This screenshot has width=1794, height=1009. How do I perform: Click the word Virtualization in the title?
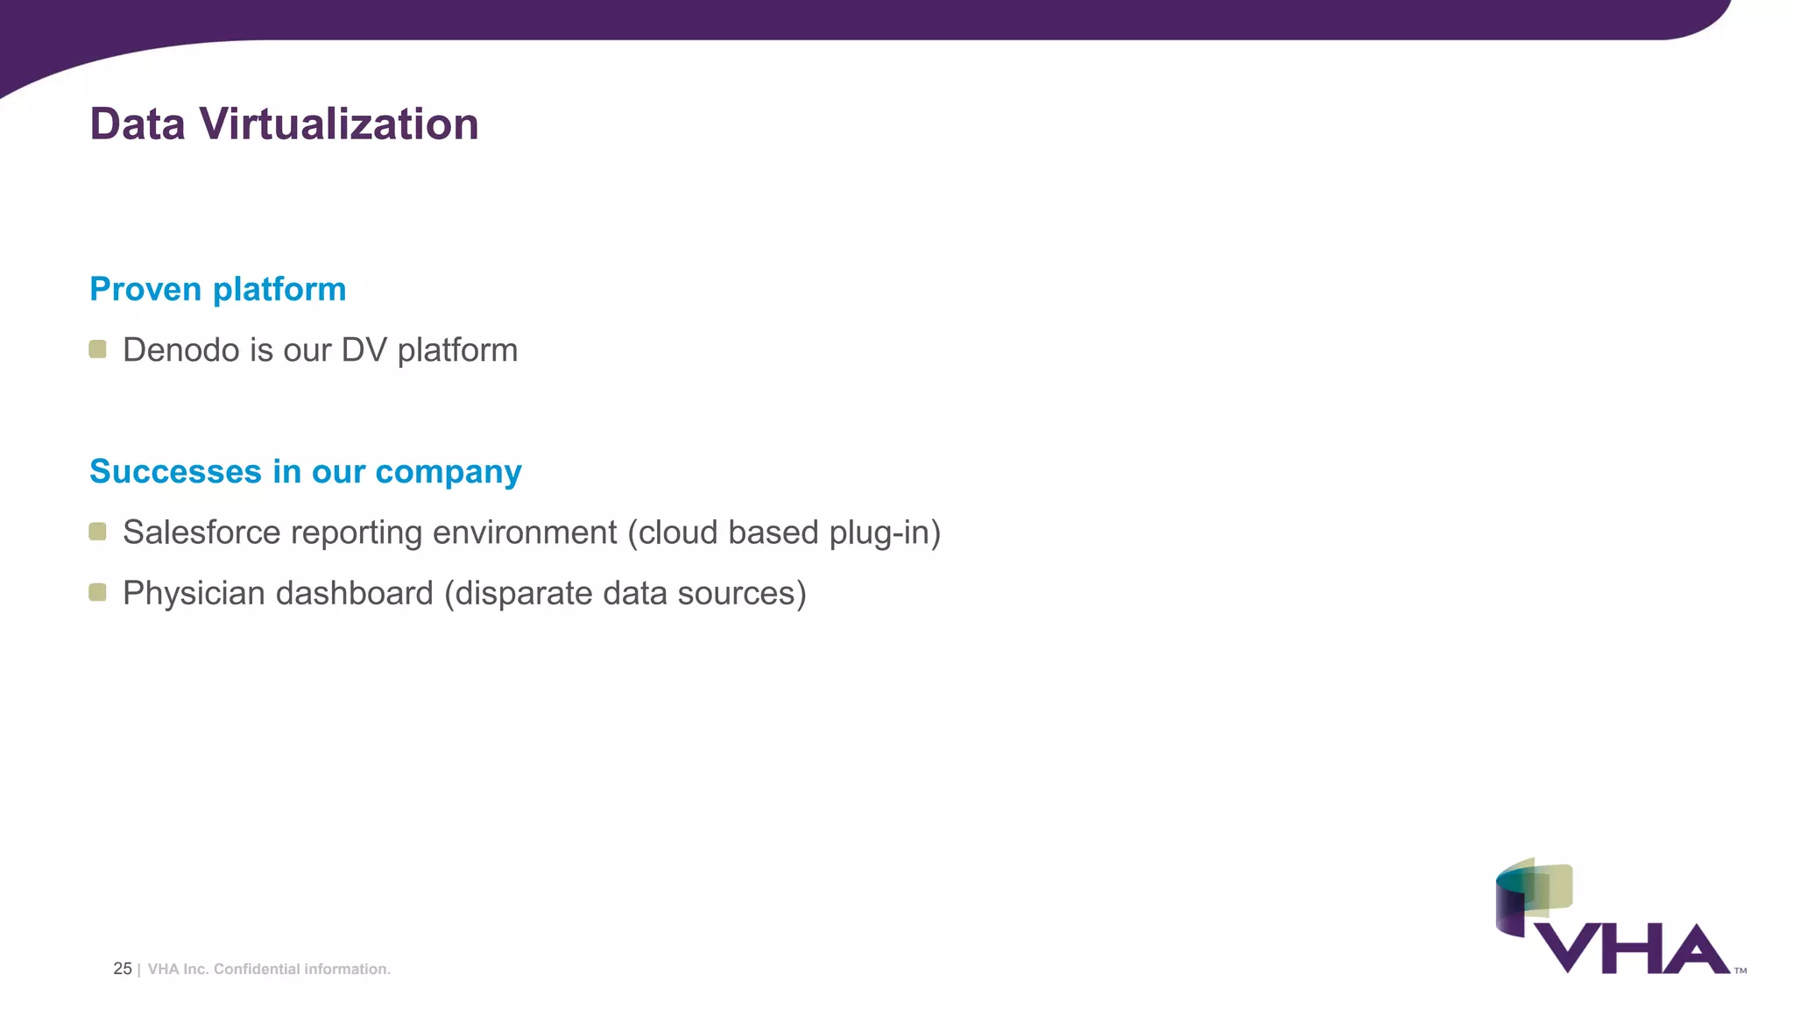[x=339, y=124]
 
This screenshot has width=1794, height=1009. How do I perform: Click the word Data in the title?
[x=138, y=124]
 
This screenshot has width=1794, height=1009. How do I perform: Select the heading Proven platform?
[x=218, y=289]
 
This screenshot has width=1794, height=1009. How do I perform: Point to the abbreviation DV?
[x=364, y=350]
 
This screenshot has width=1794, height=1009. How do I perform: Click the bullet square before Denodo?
[x=98, y=349]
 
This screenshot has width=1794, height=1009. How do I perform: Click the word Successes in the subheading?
[x=175, y=471]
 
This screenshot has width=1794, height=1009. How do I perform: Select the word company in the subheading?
[x=448, y=473]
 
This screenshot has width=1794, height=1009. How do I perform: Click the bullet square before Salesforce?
[x=98, y=532]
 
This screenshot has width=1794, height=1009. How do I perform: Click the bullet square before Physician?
[x=98, y=593]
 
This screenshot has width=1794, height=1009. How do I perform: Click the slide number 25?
[x=123, y=969]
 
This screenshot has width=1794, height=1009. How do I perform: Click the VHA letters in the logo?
[x=1632, y=949]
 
